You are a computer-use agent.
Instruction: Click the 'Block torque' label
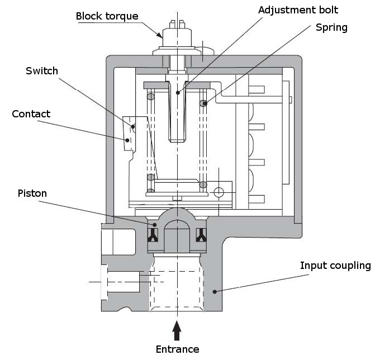[x=107, y=17]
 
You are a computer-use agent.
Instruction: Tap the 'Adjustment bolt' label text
[x=298, y=10]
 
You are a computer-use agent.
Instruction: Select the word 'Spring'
[x=331, y=28]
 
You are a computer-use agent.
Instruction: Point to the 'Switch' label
[x=42, y=71]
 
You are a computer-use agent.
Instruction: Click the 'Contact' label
[x=31, y=114]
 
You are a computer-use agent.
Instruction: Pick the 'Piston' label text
[x=32, y=193]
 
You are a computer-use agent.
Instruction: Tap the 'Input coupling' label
[x=335, y=266]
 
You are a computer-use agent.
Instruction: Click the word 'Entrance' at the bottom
[x=178, y=349]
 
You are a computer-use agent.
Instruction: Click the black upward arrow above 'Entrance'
[x=177, y=330]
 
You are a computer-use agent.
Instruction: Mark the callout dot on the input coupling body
[x=215, y=292]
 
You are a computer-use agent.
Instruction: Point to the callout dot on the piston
[x=154, y=225]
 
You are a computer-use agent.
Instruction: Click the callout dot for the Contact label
[x=127, y=140]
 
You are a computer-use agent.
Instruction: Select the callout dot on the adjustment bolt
[x=178, y=93]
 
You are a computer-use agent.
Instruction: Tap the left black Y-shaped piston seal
[x=153, y=235]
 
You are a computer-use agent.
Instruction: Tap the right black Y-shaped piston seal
[x=201, y=235]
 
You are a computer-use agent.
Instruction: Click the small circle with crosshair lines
[x=219, y=192]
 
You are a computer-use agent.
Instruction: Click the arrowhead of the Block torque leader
[x=160, y=35]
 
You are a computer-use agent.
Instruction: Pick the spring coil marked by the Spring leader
[x=203, y=103]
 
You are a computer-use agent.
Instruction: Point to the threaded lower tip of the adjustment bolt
[x=177, y=139]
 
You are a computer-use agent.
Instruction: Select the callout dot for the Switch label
[x=133, y=126]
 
